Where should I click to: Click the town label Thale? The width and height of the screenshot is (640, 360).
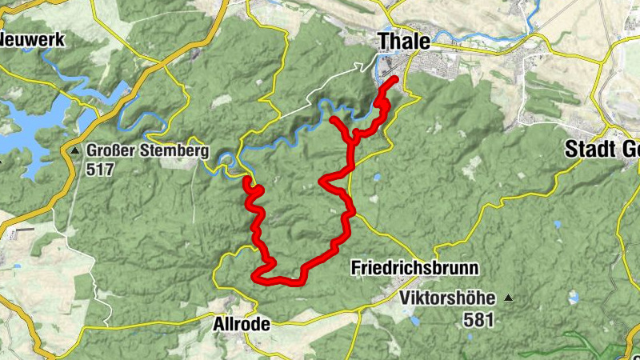click(x=403, y=41)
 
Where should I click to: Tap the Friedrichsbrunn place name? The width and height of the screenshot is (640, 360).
click(x=414, y=269)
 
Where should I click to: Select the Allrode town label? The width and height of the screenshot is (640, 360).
click(x=242, y=325)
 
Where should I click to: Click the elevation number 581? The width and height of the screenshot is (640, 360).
click(x=478, y=320)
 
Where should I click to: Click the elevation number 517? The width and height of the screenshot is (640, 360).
click(x=102, y=170)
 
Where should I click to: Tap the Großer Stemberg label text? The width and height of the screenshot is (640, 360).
click(x=147, y=150)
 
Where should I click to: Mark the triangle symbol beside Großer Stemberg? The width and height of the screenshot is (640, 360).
click(x=74, y=150)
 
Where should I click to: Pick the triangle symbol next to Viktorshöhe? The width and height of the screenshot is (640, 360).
click(x=507, y=299)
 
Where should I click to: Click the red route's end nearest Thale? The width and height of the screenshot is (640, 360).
click(x=394, y=78)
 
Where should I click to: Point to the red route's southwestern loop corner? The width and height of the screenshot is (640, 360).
click(x=255, y=277)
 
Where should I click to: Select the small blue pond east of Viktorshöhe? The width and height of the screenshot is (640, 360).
click(x=573, y=297)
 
